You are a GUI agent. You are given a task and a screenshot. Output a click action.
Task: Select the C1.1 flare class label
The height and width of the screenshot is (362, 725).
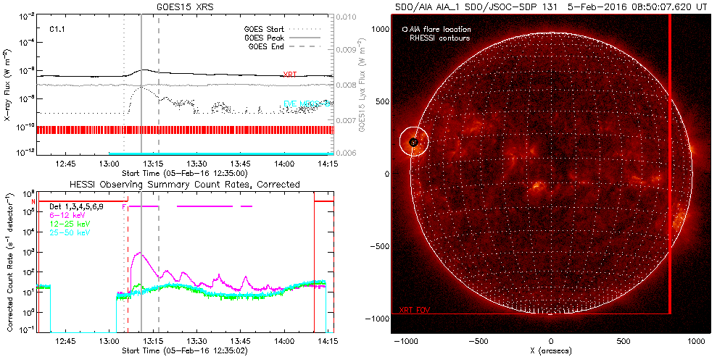click(x=58, y=30)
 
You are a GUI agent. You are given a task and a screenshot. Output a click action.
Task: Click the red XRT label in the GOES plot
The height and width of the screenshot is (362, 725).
click(x=289, y=75)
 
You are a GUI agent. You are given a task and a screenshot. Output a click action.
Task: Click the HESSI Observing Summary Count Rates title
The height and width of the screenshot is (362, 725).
click(x=184, y=185)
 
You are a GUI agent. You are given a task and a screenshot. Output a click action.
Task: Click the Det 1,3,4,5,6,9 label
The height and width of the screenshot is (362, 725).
click(x=76, y=206)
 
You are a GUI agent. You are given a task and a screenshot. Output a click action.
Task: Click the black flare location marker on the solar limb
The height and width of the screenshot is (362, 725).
click(x=413, y=142)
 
